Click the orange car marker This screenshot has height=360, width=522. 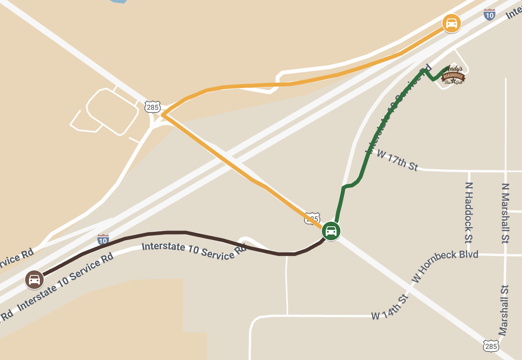pos(451,23)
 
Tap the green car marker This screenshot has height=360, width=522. pos(331,231)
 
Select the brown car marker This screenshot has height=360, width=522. pos(34,279)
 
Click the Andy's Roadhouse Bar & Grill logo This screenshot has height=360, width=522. pos(453,75)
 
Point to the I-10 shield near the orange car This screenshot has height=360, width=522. pos(490,15)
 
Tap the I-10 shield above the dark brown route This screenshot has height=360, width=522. pos(103,240)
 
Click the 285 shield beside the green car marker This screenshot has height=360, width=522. pos(312,218)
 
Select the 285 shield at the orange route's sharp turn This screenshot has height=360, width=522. pos(153,107)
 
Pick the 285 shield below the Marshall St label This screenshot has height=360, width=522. pos(491,346)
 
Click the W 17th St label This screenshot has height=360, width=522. pos(397,160)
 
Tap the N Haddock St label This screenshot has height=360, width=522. pos(469,212)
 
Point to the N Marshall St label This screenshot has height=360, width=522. pos(505,213)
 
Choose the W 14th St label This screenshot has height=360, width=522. pos(389,308)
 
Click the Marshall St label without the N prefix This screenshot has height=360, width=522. pos(503,310)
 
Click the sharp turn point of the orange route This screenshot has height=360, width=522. pos(163,115)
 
